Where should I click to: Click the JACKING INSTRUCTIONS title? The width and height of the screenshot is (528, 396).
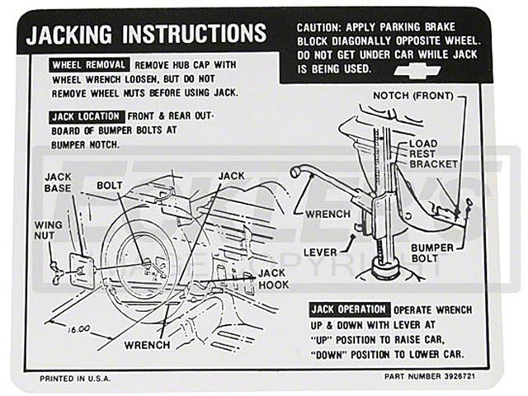click(146, 34)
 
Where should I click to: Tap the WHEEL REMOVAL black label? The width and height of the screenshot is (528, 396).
click(89, 65)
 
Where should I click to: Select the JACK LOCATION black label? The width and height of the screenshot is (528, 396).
click(87, 117)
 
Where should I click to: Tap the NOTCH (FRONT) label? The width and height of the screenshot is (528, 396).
click(418, 96)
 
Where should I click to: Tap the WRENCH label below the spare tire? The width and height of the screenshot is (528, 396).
click(147, 344)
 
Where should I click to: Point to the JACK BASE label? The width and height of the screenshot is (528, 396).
click(59, 182)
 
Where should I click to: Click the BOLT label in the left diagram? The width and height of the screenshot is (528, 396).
click(110, 185)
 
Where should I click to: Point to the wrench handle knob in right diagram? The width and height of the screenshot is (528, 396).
click(295, 172)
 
